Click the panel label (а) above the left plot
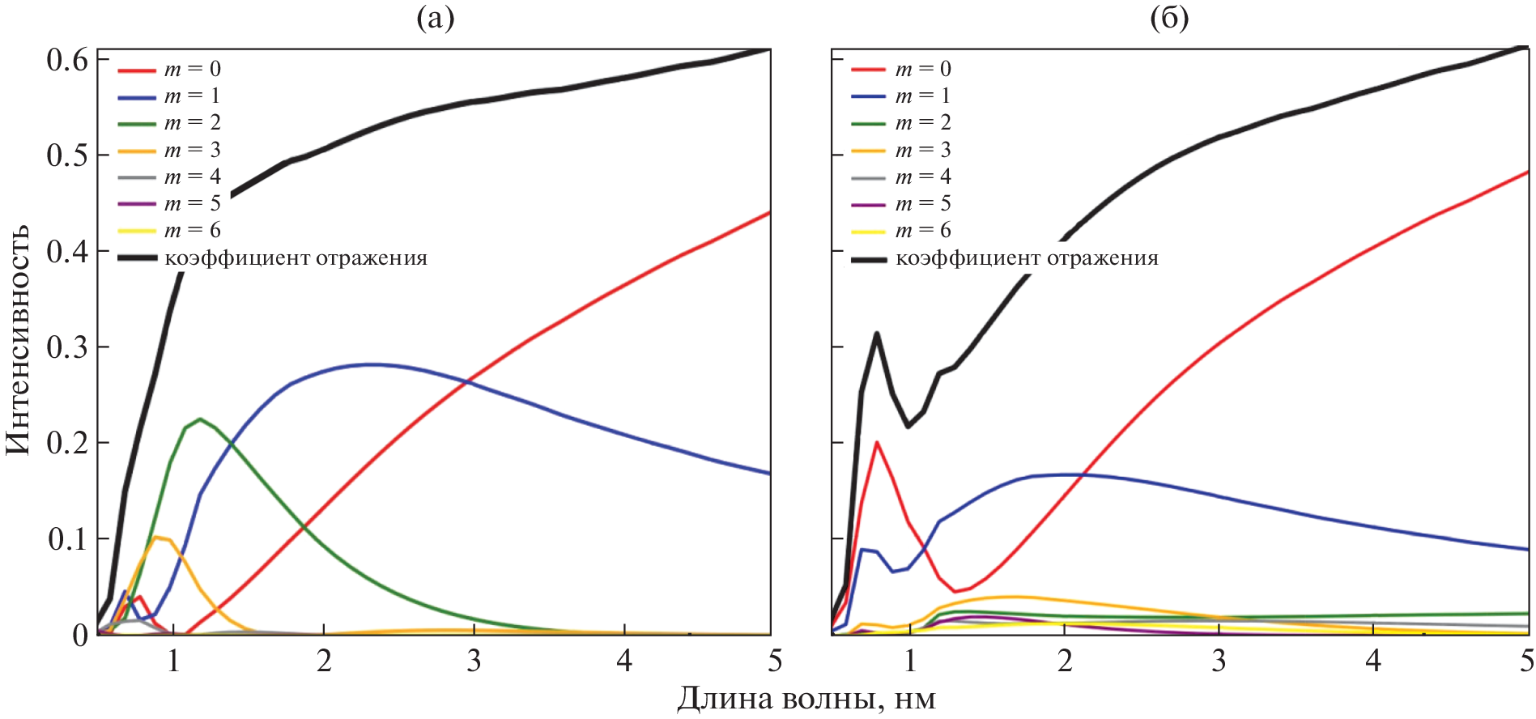click(435, 17)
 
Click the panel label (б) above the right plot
click(1169, 17)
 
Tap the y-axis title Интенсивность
click(18, 339)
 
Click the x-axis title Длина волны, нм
click(806, 698)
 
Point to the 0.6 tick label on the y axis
click(66, 59)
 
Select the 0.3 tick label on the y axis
click(66, 347)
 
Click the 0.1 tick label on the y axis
click(66, 539)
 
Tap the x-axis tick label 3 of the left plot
click(474, 662)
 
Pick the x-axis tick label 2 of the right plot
click(1065, 662)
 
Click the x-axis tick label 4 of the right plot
click(1373, 662)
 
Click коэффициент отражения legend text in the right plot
click(1027, 258)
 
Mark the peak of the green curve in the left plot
click(200, 419)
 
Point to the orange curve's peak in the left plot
click(157, 537)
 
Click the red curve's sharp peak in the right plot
click(876, 442)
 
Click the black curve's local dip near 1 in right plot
click(908, 426)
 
